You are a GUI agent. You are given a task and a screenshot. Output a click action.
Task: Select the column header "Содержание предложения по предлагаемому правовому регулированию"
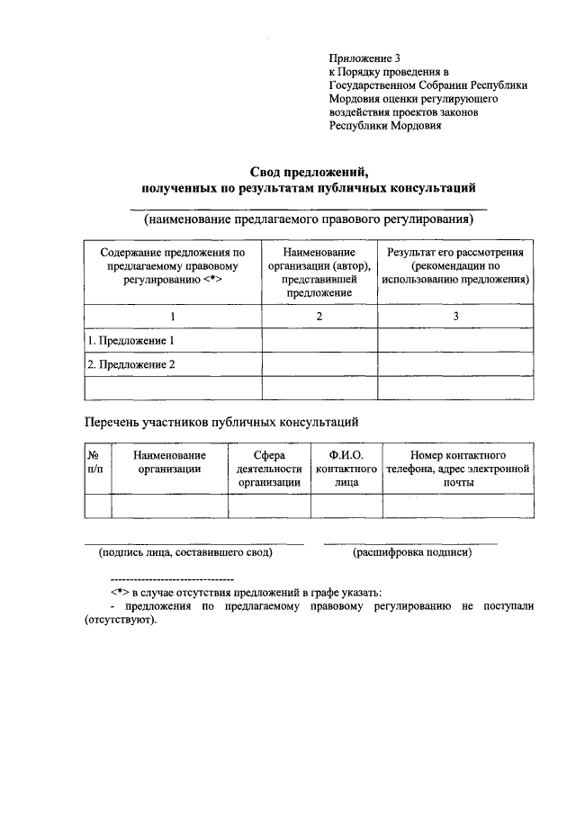pyautogui.click(x=173, y=267)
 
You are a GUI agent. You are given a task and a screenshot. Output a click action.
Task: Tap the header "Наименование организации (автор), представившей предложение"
pyautogui.click(x=319, y=273)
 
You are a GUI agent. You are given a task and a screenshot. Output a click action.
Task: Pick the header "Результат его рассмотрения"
pyautogui.click(x=455, y=254)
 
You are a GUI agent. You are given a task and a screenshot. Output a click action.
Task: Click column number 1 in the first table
pyautogui.click(x=173, y=317)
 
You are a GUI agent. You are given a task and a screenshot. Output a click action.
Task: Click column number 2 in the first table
pyautogui.click(x=319, y=317)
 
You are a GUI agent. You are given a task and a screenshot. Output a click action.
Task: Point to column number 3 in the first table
pyautogui.click(x=455, y=317)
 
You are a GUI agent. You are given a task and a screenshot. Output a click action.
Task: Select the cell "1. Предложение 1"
pyautogui.click(x=130, y=341)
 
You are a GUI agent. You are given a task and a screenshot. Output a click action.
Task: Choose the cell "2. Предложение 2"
pyautogui.click(x=130, y=364)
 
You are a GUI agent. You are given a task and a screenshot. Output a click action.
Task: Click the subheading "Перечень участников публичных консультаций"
pyautogui.click(x=222, y=420)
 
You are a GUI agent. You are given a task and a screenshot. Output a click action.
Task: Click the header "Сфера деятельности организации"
pyautogui.click(x=269, y=468)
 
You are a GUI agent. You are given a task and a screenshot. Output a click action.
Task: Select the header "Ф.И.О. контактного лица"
pyautogui.click(x=346, y=468)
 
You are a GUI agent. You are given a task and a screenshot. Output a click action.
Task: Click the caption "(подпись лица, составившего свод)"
pyautogui.click(x=185, y=552)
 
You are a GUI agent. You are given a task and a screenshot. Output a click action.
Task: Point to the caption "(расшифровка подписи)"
pyautogui.click(x=412, y=552)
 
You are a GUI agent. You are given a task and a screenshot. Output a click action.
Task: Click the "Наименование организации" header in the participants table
pyautogui.click(x=169, y=461)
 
